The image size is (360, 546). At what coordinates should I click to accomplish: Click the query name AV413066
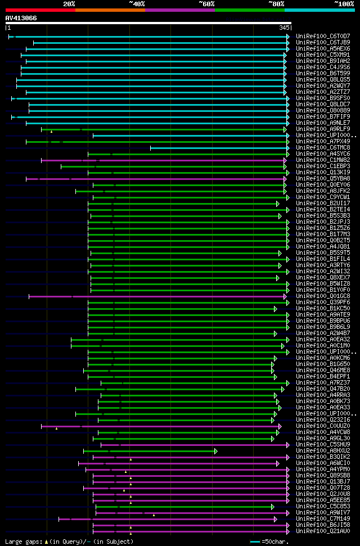[x=21, y=18]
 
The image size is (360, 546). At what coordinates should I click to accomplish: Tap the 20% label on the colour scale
[x=69, y=3]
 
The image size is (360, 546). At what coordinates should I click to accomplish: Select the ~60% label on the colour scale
[x=206, y=3]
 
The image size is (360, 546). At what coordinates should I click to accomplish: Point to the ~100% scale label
[x=344, y=3]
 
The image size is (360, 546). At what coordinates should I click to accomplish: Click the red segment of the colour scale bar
[x=40, y=10]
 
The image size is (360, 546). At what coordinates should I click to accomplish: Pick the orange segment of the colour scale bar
[x=110, y=10]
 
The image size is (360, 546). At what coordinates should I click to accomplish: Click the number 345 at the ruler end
[x=283, y=28]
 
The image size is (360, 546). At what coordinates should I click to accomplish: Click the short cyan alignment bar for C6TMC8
[x=219, y=148]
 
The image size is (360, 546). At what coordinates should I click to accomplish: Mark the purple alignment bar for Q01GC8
[x=157, y=296]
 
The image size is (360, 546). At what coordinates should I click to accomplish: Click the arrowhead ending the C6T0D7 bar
[x=288, y=37]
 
